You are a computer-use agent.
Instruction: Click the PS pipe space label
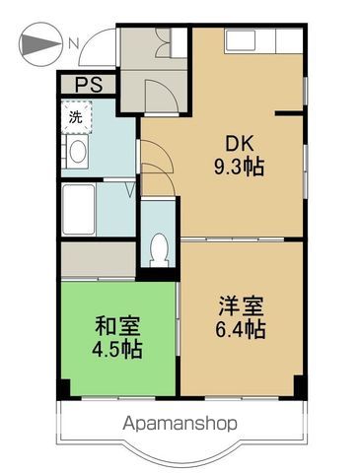pos(89,85)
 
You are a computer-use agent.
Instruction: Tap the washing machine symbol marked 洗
pos(76,117)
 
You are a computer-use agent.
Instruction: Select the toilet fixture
pos(160,249)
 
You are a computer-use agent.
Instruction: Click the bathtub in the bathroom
pos(79,210)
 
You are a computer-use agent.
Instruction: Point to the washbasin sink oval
pos(78,152)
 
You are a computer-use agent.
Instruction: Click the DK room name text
pos(239,144)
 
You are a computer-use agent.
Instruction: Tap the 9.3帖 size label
pos(239,168)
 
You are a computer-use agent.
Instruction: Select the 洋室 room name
pos(241,305)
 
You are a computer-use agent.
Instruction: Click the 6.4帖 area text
pos(241,329)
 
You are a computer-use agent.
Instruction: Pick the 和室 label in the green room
pos(117,326)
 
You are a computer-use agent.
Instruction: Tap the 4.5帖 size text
pos(117,349)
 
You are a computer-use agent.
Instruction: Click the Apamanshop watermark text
pos(180,424)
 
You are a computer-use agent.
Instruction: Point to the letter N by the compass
pos(74,43)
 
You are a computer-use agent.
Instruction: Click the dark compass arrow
pos(40,43)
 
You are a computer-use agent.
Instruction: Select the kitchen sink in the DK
pos(241,40)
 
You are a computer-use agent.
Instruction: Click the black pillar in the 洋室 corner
pos(300,386)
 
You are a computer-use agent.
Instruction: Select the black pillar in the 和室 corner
pos(64,389)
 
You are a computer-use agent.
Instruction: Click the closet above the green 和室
pos(99,259)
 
